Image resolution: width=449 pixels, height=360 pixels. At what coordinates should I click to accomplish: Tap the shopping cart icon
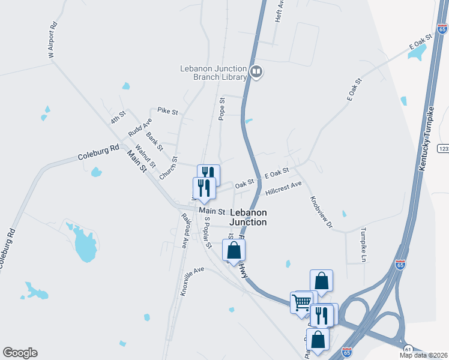301,301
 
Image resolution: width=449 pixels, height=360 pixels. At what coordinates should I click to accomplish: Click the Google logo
20,353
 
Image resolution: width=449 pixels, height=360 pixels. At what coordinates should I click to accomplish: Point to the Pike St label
167,111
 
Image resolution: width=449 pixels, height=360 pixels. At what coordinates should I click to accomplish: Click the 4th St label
118,116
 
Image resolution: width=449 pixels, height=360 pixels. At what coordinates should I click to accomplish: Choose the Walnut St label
146,157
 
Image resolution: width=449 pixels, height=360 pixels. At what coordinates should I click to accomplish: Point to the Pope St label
221,109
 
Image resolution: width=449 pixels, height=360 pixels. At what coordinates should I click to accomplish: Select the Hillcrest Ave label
283,189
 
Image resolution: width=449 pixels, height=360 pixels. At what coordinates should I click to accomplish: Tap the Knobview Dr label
321,212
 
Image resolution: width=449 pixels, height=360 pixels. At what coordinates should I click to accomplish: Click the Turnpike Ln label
363,245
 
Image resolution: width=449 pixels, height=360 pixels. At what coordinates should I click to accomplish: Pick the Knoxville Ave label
192,280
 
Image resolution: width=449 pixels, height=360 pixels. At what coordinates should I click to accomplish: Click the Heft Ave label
279,11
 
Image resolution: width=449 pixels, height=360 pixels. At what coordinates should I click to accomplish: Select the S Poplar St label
207,233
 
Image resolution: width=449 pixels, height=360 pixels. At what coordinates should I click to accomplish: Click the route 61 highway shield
408,349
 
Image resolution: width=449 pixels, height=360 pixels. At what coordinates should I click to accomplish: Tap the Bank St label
154,142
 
